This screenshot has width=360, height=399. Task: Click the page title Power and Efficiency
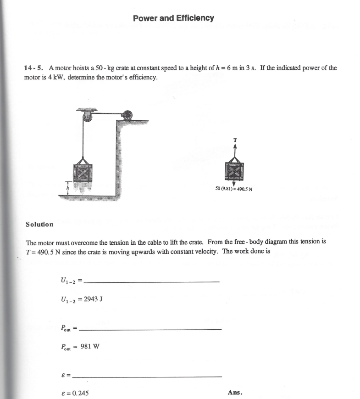click(x=173, y=18)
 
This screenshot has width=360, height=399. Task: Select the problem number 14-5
click(x=33, y=68)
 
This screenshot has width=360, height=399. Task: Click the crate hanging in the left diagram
click(x=83, y=172)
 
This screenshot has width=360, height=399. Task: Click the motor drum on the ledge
click(x=127, y=115)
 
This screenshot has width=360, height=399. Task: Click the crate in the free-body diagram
click(x=234, y=171)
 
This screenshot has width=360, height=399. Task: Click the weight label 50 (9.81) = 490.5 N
click(x=235, y=188)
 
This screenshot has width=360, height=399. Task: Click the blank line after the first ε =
click(x=147, y=377)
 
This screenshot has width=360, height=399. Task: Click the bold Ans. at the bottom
click(x=235, y=393)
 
